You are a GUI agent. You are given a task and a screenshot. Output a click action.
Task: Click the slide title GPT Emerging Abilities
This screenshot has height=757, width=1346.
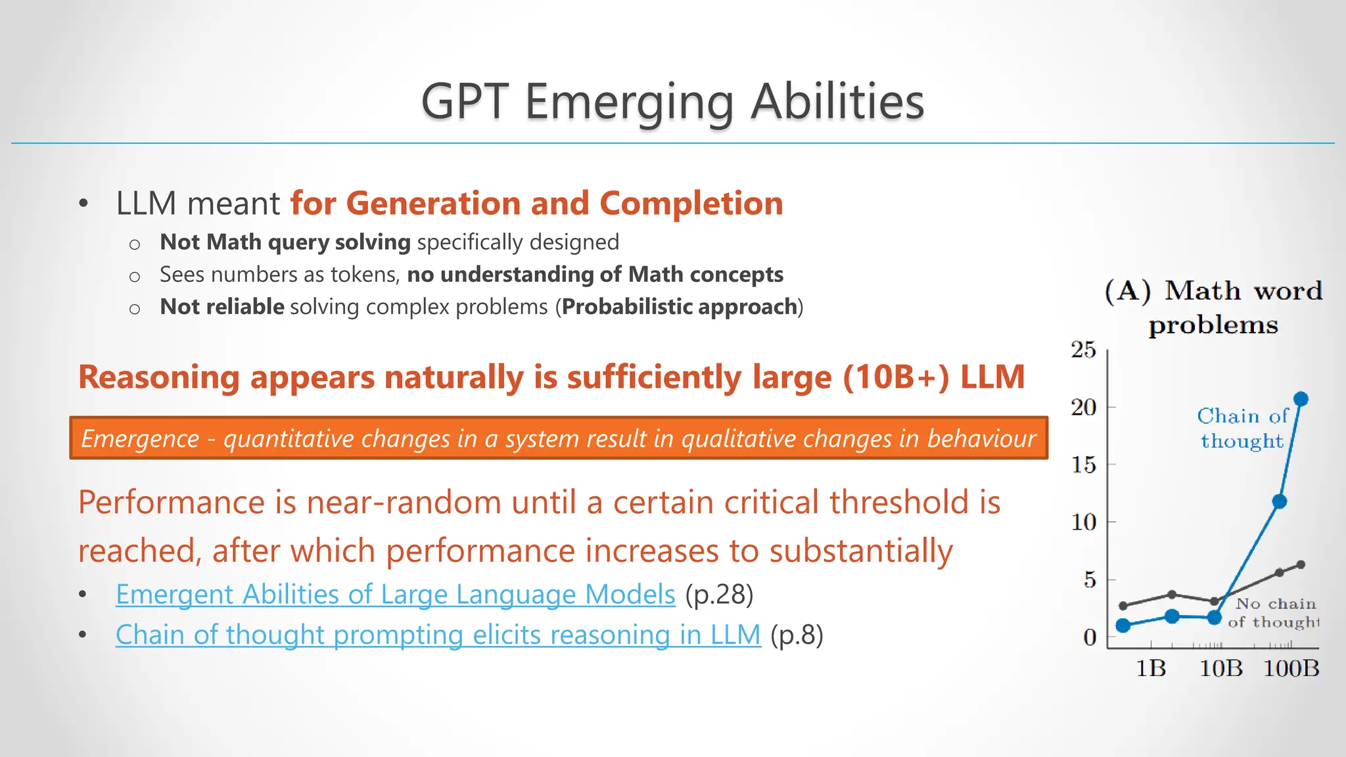point(672,102)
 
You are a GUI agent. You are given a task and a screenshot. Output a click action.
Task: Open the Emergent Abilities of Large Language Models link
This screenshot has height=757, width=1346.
point(395,595)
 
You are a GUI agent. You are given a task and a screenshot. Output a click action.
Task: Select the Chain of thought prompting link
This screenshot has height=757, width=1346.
point(438,635)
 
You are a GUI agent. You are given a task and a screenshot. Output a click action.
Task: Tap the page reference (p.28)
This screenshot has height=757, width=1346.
point(719,595)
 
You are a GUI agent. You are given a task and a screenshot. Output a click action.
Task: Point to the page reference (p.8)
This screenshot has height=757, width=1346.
point(797,635)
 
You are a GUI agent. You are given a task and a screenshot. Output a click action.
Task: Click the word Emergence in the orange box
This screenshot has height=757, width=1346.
point(140,438)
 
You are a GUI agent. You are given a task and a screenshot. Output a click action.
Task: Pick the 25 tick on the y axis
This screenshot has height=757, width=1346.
point(1084,350)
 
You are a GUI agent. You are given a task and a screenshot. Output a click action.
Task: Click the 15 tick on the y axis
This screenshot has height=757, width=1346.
point(1084,465)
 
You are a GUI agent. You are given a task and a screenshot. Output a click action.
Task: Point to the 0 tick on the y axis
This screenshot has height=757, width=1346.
point(1090,637)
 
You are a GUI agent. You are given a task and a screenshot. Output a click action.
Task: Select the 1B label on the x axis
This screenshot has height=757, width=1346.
point(1151,668)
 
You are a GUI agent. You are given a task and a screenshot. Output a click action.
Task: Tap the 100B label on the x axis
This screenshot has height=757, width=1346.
point(1291,668)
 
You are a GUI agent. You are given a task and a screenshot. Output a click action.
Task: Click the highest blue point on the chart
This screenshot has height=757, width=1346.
point(1301,399)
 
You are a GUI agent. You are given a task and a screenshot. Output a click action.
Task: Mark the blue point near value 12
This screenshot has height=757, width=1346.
point(1279,501)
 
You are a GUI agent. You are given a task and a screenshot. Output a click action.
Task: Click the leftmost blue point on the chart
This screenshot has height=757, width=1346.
point(1123,625)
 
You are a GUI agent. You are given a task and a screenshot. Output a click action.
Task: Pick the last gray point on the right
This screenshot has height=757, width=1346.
point(1301,564)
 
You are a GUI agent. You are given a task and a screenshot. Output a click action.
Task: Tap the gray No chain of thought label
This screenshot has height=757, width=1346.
point(1274,612)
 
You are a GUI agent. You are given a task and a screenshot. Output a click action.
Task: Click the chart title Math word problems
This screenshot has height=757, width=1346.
point(1213,308)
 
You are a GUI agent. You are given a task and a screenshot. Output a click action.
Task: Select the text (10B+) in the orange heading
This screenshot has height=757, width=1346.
point(896,377)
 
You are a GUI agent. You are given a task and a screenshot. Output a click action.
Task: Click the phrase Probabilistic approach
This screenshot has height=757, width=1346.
point(679,307)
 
